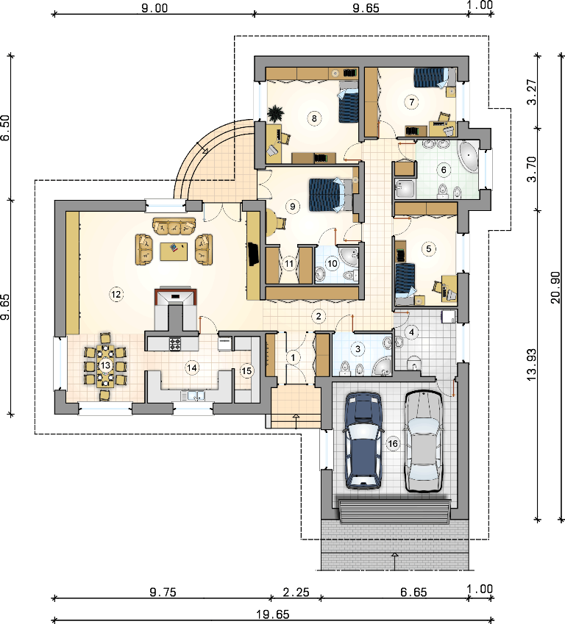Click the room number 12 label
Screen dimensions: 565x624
116,295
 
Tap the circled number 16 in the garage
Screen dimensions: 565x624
393,443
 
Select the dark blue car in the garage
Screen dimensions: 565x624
363,440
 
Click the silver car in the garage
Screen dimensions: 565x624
423,441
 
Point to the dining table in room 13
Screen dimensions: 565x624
105,366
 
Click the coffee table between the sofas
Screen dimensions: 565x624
174,251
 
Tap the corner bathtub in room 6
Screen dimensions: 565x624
469,157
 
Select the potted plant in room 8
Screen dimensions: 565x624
276,113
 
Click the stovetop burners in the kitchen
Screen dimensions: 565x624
175,344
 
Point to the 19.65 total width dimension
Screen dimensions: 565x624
273,615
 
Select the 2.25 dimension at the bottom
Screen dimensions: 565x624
296,592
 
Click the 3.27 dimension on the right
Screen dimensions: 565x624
533,92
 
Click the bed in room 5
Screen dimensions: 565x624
405,281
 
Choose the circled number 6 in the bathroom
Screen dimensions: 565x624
444,170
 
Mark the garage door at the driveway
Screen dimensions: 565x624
394,512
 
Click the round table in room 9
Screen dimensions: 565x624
272,222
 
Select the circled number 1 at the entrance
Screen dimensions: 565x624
294,357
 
